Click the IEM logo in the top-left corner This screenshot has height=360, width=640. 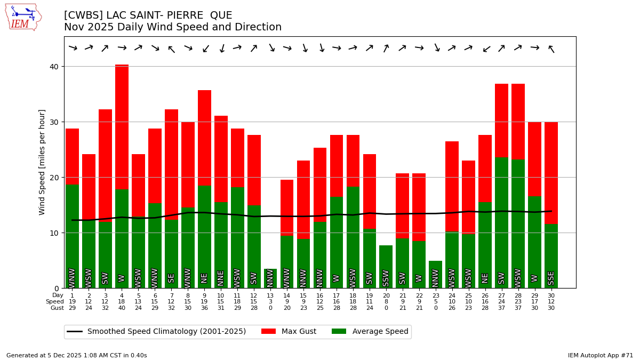coord(23,17)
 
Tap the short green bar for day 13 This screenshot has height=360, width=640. coord(270,278)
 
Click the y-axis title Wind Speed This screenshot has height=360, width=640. coord(42,162)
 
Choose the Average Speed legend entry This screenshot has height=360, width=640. coord(370,332)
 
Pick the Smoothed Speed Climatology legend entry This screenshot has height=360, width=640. coord(157,332)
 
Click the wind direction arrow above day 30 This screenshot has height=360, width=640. coord(551,49)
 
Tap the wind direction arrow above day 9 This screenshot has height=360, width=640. coord(205,49)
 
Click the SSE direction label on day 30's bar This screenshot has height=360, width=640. coord(551,278)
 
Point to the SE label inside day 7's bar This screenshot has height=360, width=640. coord(171,278)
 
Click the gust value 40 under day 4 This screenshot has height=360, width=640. coord(122,308)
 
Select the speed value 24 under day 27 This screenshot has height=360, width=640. coord(501,302)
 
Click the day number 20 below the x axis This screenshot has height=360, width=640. coord(386,295)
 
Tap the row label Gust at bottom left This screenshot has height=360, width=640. coord(57,308)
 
